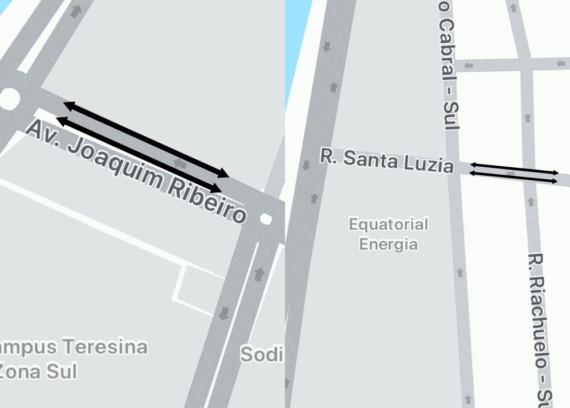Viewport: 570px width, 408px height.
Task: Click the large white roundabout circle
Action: click(x=8, y=99)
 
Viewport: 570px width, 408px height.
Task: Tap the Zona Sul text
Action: click(x=38, y=371)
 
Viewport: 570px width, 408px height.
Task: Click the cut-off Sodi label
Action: click(x=262, y=355)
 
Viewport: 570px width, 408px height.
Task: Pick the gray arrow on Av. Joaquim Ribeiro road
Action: click(x=181, y=164)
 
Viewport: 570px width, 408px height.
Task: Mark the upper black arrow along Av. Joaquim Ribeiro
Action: click(x=145, y=138)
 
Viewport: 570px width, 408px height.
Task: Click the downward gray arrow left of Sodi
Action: click(x=225, y=312)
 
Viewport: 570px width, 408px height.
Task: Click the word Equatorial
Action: click(x=388, y=224)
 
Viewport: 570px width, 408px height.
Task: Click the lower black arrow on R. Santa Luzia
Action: click(x=514, y=177)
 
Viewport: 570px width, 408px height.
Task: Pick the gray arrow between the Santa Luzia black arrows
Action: click(x=511, y=172)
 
